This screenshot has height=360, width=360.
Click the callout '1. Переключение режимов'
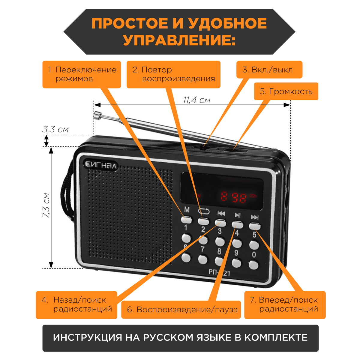point(82,74)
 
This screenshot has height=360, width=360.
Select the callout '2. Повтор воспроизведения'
point(173,74)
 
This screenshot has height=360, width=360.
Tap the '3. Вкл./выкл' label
point(269,70)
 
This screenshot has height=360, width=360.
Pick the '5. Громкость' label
point(286,91)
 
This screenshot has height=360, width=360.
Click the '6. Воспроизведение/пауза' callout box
point(181,310)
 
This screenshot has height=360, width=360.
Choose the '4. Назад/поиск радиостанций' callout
point(76,304)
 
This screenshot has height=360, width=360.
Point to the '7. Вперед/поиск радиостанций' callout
point(285,304)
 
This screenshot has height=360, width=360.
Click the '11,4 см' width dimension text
point(196,100)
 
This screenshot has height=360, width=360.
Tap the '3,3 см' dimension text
point(55,130)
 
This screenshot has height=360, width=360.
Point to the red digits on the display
point(234,197)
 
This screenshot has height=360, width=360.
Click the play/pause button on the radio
point(237,224)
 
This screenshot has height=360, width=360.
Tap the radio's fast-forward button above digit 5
point(254,226)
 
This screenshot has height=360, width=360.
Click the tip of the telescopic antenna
point(97,115)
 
